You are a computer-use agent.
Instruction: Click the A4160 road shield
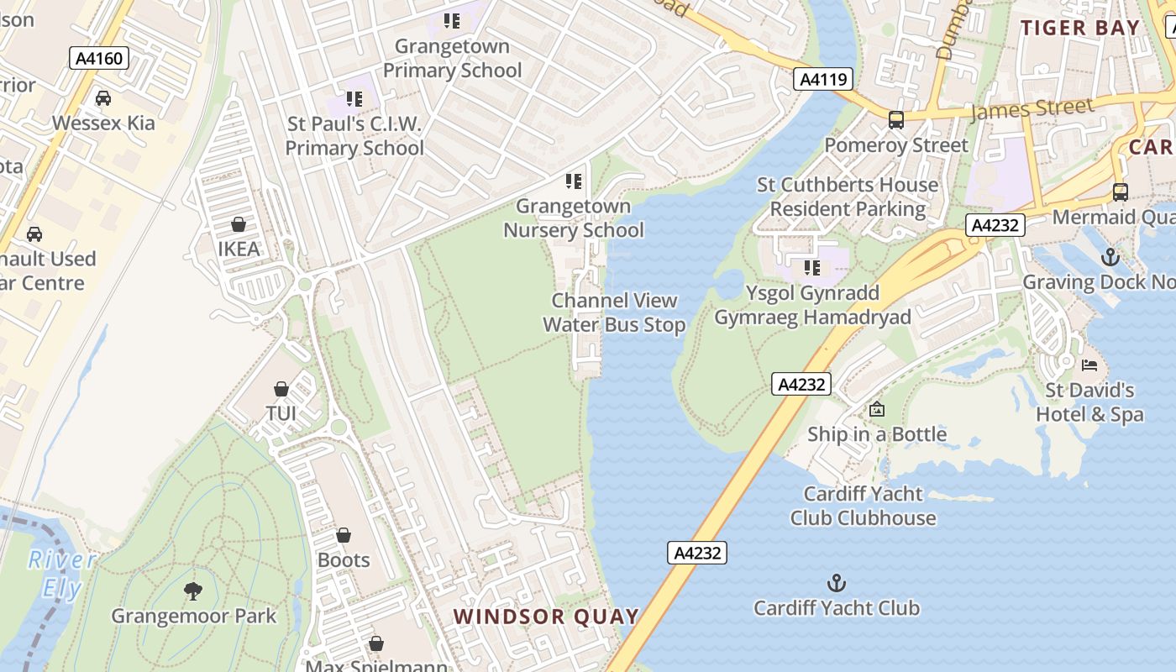tap(99, 58)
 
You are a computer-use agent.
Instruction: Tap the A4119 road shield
tap(823, 79)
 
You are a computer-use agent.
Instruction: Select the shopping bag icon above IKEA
tap(239, 224)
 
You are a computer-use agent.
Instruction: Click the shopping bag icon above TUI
tap(281, 389)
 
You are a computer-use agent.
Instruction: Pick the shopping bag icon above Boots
tap(344, 535)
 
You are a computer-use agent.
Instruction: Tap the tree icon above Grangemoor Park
tap(193, 591)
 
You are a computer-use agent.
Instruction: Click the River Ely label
tap(62, 574)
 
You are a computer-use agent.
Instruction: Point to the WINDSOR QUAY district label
tap(547, 617)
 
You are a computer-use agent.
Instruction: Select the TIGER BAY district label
tap(1080, 27)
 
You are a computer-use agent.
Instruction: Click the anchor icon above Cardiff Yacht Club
tap(836, 582)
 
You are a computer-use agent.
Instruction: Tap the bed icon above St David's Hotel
tap(1089, 365)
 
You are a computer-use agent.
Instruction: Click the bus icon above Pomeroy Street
tap(896, 119)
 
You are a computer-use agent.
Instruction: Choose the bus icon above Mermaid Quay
tap(1121, 192)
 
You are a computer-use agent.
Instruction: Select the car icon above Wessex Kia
tap(103, 98)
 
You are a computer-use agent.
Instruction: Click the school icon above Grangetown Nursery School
tap(574, 181)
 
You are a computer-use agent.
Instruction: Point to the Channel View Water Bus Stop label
tap(614, 312)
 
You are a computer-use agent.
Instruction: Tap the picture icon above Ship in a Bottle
tap(877, 409)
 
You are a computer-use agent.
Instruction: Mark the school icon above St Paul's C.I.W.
tap(354, 99)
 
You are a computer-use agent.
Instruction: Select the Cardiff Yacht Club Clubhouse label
tap(863, 506)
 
